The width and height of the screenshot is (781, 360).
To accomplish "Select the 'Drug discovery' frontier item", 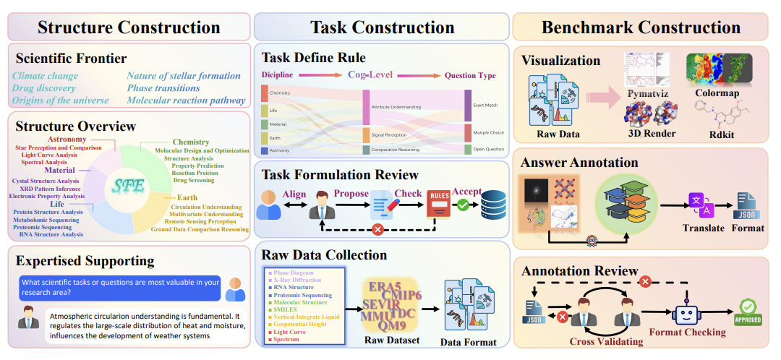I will click(x=43, y=87).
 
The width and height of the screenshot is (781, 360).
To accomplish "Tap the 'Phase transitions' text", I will click(x=163, y=87).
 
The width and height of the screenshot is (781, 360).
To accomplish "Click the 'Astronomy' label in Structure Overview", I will click(x=67, y=140).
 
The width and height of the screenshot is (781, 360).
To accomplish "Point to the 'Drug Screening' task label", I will click(x=194, y=180).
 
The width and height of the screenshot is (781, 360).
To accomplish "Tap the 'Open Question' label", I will click(x=488, y=149).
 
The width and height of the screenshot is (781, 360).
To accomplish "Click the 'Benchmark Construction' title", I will click(x=641, y=27).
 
